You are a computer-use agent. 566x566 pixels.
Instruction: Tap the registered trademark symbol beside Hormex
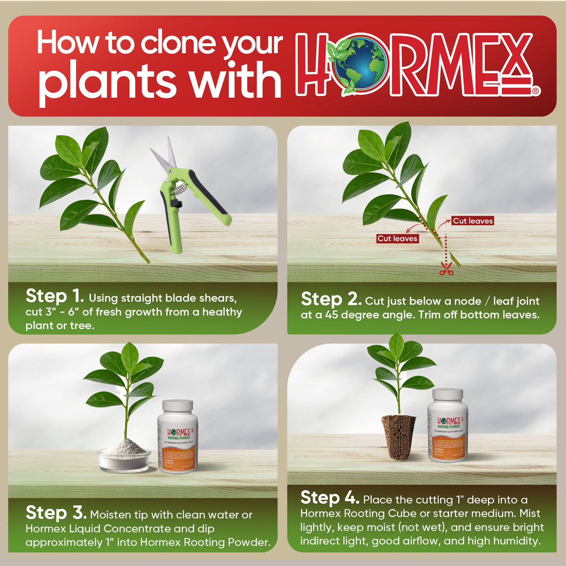(x=536, y=91)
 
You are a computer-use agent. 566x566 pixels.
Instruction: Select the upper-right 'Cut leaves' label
(x=472, y=221)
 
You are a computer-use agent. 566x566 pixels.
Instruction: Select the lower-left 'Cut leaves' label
(x=397, y=238)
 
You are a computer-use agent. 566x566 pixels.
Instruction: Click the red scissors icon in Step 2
(x=446, y=269)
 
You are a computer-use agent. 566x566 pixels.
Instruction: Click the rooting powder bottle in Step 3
(x=178, y=436)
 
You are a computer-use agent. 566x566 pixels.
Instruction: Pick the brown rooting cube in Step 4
(x=399, y=437)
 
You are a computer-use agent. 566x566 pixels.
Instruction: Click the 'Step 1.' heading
(x=55, y=296)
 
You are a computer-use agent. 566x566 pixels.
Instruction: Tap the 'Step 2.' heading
(x=331, y=299)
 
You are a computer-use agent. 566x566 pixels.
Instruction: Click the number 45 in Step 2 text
(x=331, y=315)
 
